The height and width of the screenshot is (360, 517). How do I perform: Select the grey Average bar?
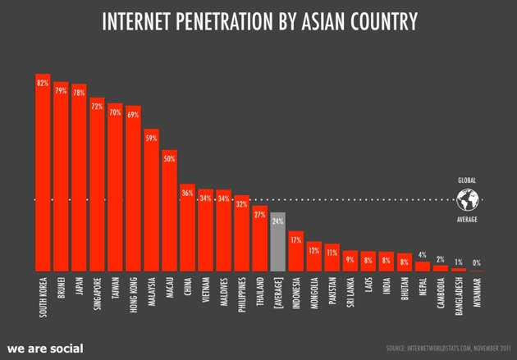[277, 243]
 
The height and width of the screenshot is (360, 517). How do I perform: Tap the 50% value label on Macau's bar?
[169, 158]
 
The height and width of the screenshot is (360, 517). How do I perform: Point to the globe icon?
[468, 199]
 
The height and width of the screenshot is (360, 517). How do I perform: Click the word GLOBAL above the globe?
[467, 180]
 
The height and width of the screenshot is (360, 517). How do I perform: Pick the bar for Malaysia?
[151, 200]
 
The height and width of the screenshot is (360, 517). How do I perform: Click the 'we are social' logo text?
[45, 349]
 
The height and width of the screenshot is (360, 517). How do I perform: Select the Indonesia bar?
[295, 251]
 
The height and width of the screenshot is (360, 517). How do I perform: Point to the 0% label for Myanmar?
[477, 262]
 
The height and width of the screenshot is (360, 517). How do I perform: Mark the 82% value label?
[43, 83]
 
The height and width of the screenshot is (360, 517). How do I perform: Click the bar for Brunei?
[61, 177]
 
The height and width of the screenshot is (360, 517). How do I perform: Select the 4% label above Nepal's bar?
[423, 255]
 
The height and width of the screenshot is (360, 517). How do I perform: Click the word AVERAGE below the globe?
[467, 220]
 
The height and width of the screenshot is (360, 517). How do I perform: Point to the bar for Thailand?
[259, 239]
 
